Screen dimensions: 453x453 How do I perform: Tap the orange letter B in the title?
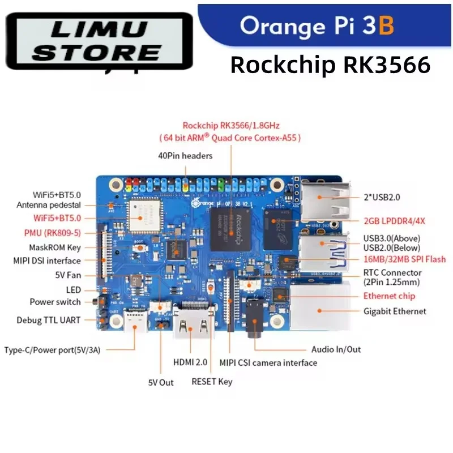pos(386,25)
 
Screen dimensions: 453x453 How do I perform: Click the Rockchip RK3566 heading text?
pos(331,65)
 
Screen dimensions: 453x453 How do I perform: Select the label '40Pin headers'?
pos(185,156)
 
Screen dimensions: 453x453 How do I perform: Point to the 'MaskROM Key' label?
pos(55,247)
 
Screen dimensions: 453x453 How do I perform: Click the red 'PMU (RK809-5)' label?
pos(53,233)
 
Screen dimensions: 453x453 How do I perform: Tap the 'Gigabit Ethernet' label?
pos(395,311)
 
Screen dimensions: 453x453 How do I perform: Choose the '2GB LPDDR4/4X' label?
pos(394,221)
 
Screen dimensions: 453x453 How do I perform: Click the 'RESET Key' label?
pos(212,382)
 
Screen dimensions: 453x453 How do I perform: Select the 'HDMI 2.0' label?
pos(190,362)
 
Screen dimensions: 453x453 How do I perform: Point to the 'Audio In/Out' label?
pos(336,349)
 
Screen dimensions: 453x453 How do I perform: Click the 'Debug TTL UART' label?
pos(49,320)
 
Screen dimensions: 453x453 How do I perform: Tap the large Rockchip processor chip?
pos(230,229)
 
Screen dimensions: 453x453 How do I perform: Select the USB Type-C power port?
pos(135,322)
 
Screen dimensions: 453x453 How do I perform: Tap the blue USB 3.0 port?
pos(324,253)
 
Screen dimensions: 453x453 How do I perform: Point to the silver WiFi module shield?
pos(144,215)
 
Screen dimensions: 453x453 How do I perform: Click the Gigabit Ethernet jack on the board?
pos(320,307)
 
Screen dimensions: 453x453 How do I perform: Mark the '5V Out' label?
pos(161,383)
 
